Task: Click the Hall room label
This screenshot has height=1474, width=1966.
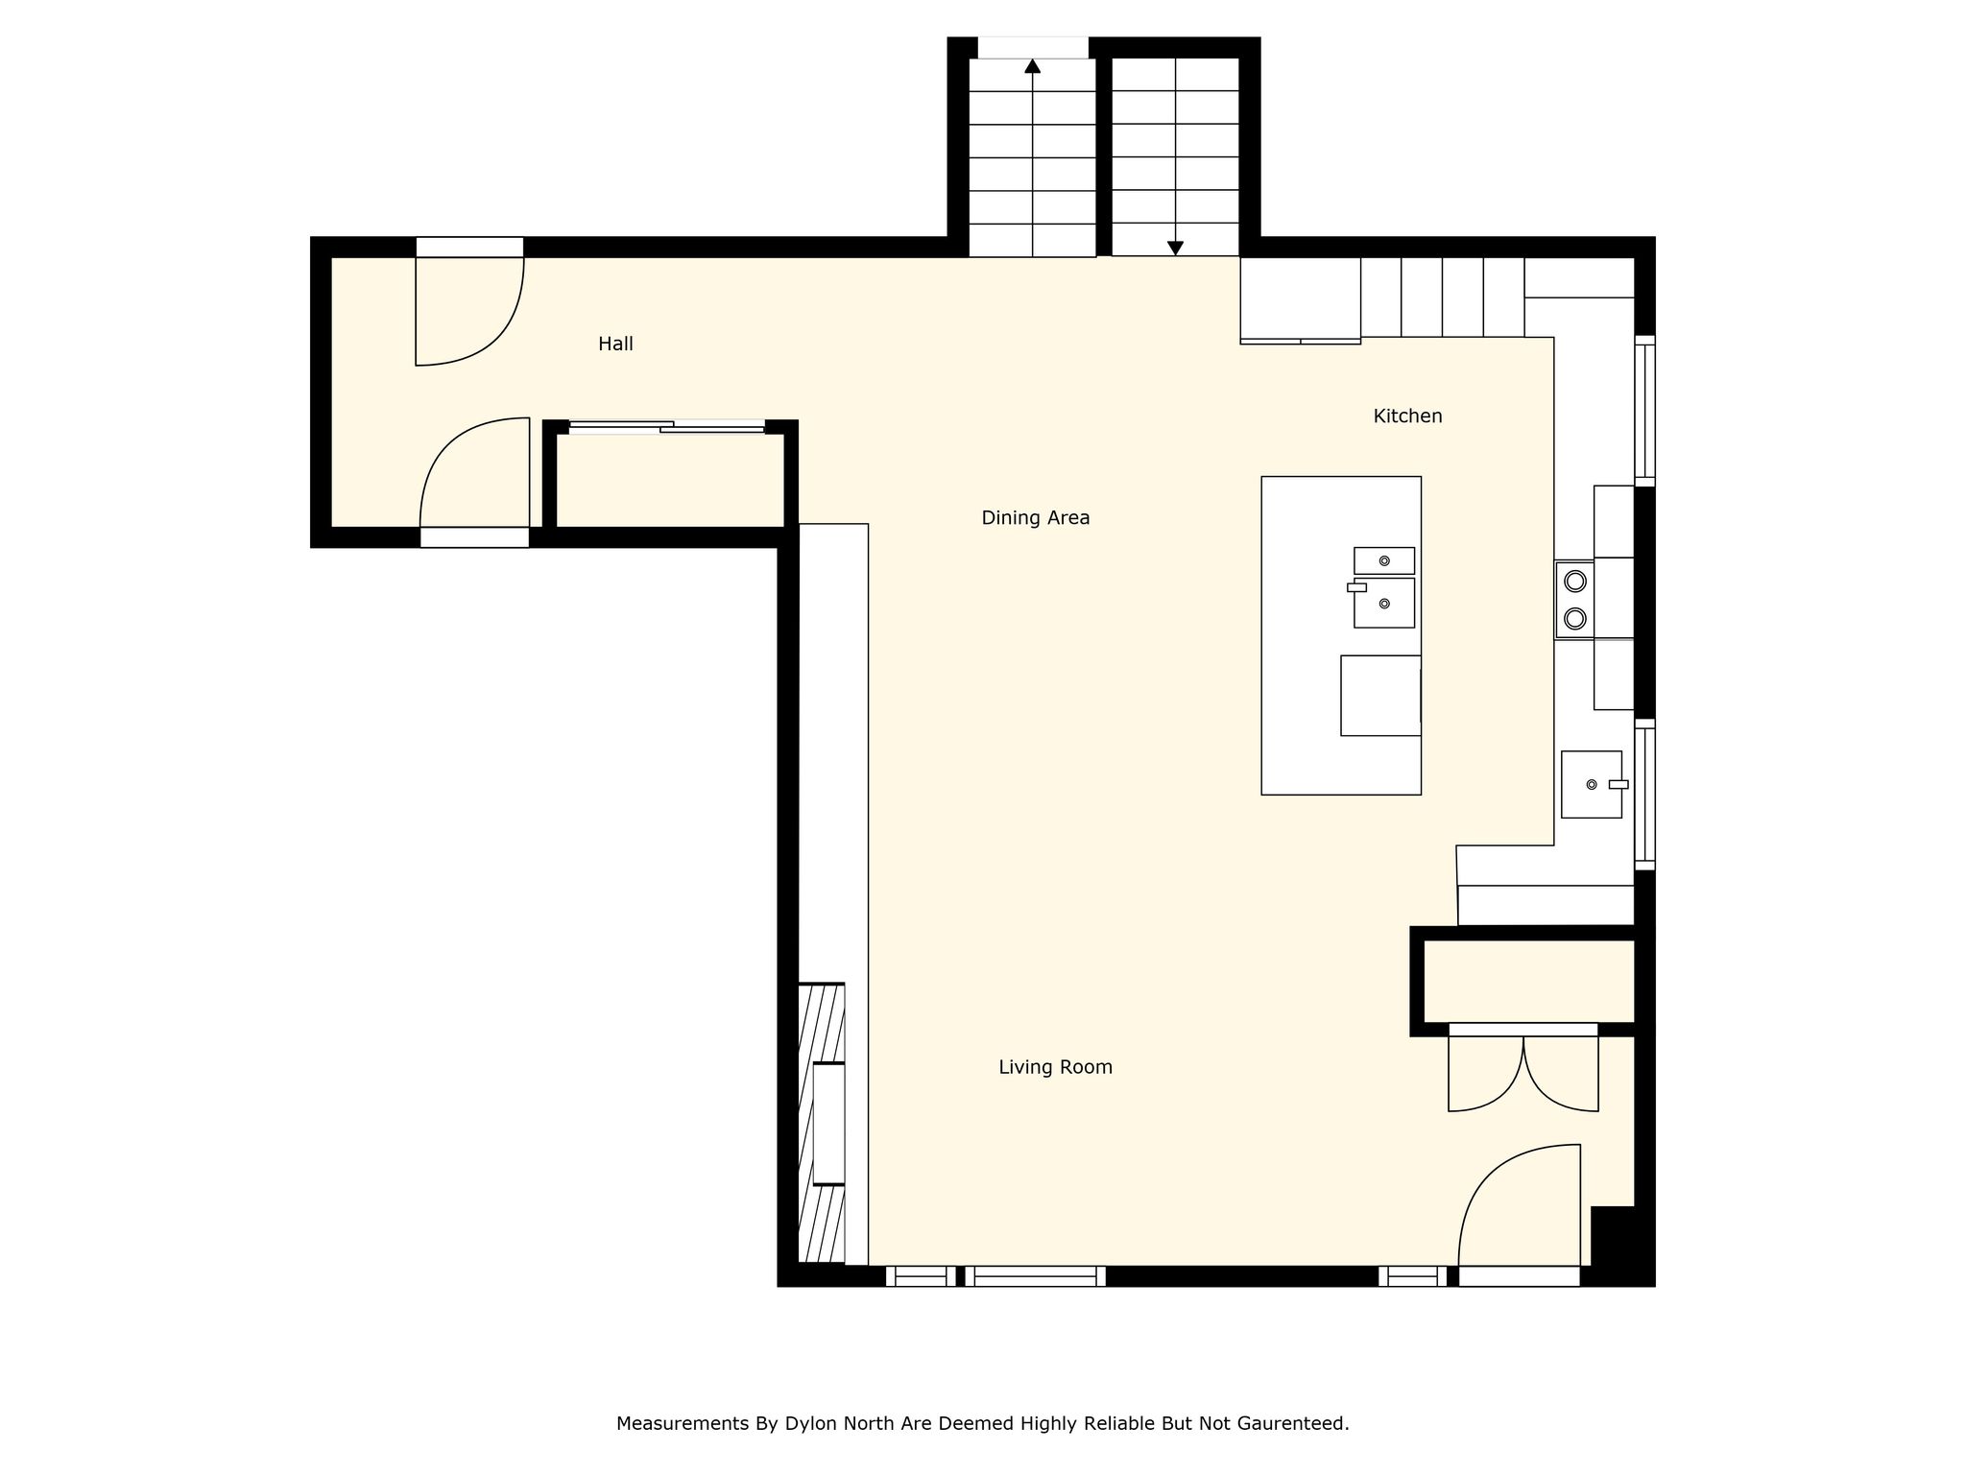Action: coord(615,344)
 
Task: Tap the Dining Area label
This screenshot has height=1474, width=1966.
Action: coord(1035,518)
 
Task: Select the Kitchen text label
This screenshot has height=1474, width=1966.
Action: coord(1407,416)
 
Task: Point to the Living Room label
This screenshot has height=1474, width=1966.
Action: coord(1055,1067)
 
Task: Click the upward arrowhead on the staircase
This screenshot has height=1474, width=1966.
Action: coord(1032,65)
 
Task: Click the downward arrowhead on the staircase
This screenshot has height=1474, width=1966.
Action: coord(1175,248)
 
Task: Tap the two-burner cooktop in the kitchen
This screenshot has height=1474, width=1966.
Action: coord(1574,600)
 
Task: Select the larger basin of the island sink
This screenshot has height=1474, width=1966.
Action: coord(1383,603)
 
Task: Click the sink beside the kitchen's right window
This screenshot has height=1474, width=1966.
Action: coord(1592,784)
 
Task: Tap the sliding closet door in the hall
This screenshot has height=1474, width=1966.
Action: coord(667,427)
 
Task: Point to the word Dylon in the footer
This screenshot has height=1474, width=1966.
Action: coord(811,1423)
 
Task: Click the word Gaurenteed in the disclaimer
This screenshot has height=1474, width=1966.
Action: coord(1295,1423)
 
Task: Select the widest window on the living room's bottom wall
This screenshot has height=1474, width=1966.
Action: coord(1035,1276)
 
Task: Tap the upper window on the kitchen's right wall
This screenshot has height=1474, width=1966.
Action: coord(1644,411)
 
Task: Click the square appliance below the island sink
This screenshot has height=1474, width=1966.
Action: coord(1380,696)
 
